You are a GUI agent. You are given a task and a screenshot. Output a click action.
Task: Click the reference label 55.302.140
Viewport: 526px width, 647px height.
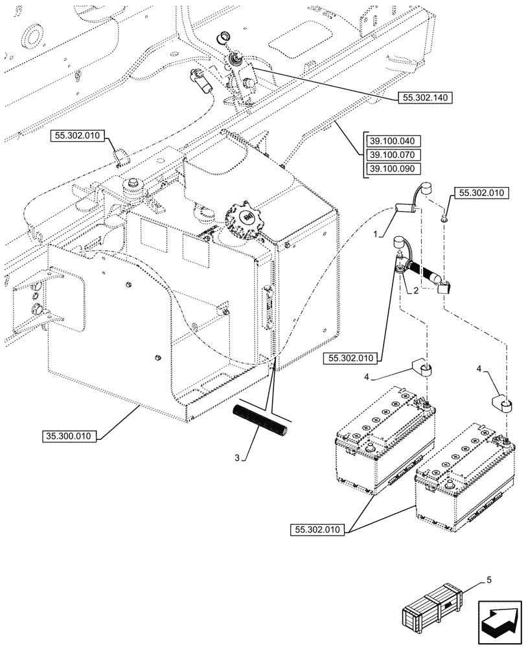[423, 98]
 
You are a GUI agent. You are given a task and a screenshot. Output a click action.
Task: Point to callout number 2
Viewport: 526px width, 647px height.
[415, 292]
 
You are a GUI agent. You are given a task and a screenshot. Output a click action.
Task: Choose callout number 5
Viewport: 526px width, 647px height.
[488, 580]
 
